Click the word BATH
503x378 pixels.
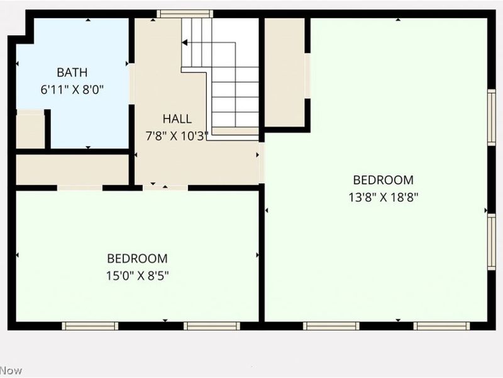point(72,72)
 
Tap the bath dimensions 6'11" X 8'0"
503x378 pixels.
point(72,89)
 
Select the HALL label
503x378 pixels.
point(177,118)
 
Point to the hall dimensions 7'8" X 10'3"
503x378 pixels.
point(177,135)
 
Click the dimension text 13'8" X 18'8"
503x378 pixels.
point(383,196)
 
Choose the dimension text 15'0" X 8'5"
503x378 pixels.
point(137,275)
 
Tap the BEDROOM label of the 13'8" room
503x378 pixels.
point(383,180)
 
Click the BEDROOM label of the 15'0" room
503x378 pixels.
point(137,258)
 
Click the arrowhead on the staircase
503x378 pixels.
point(185,43)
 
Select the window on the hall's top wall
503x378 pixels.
point(185,13)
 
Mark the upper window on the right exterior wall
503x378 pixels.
point(492,117)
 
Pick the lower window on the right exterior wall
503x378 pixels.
point(492,242)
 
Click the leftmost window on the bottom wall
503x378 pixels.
point(90,326)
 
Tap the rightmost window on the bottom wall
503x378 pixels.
point(441,326)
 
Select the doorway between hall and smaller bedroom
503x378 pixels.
point(165,187)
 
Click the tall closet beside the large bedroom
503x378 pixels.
point(284,72)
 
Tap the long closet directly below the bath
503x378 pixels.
point(72,169)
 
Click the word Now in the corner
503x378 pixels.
point(11,370)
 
